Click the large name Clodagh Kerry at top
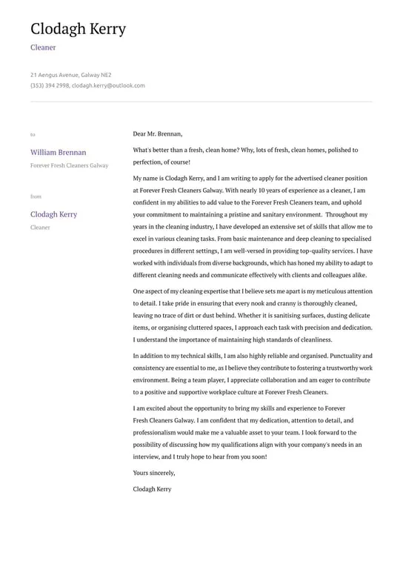[78, 29]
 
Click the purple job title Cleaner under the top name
[43, 47]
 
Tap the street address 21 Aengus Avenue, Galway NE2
[71, 75]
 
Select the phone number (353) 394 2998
[50, 85]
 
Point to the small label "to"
[33, 135]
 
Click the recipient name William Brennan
[58, 152]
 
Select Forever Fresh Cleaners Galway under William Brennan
[69, 165]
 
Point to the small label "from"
[36, 196]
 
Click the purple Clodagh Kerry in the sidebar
[53, 214]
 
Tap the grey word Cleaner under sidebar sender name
[40, 228]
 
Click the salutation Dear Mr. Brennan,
[157, 133]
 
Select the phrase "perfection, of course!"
[161, 162]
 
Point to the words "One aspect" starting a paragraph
[150, 292]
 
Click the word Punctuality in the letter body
[347, 356]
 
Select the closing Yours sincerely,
[154, 472]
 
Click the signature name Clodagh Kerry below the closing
[152, 489]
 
